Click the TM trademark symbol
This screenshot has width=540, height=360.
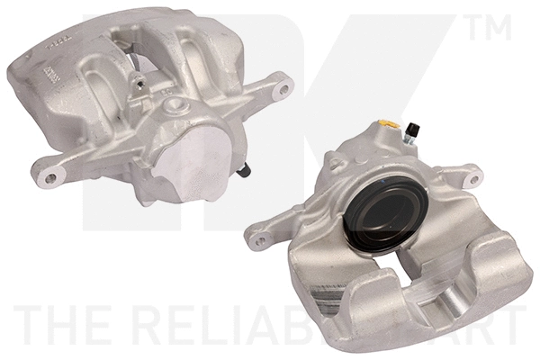493,30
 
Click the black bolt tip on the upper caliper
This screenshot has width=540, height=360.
245,169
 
